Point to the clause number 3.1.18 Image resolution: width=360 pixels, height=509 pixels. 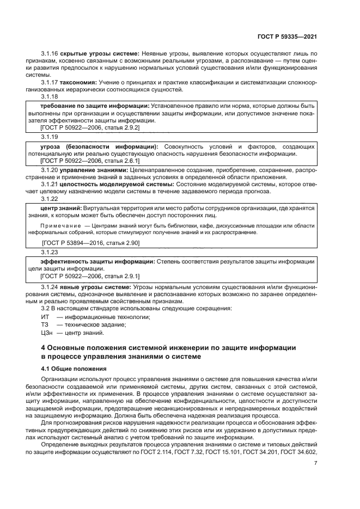click(50, 96)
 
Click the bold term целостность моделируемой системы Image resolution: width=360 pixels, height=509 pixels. click(109, 184)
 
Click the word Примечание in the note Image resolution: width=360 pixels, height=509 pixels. click(63, 225)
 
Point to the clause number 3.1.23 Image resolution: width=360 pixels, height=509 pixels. click(50, 253)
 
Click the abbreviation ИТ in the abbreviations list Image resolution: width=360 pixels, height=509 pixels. click(46, 317)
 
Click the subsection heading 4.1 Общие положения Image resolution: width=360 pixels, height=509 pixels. click(75, 369)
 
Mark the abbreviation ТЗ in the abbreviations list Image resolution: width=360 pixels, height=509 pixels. click(45, 325)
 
